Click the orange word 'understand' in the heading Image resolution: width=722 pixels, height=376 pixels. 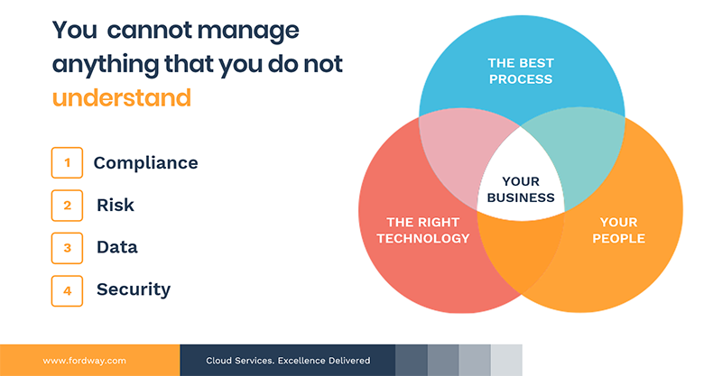[122, 96]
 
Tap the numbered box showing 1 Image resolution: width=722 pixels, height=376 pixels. [67, 163]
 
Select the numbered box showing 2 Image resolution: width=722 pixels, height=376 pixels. [67, 206]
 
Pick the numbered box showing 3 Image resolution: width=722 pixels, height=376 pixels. [67, 247]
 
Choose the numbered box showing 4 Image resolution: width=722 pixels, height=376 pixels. [67, 289]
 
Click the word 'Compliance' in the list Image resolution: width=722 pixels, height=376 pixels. [145, 163]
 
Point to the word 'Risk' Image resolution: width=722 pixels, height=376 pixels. [116, 206]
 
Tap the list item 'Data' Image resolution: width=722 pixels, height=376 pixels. [117, 247]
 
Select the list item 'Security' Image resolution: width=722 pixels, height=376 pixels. [134, 289]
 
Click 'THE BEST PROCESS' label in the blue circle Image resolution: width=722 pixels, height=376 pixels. [520, 71]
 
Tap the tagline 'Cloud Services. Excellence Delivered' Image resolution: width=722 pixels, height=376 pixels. [288, 361]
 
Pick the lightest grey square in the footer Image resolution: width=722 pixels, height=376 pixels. [506, 360]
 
